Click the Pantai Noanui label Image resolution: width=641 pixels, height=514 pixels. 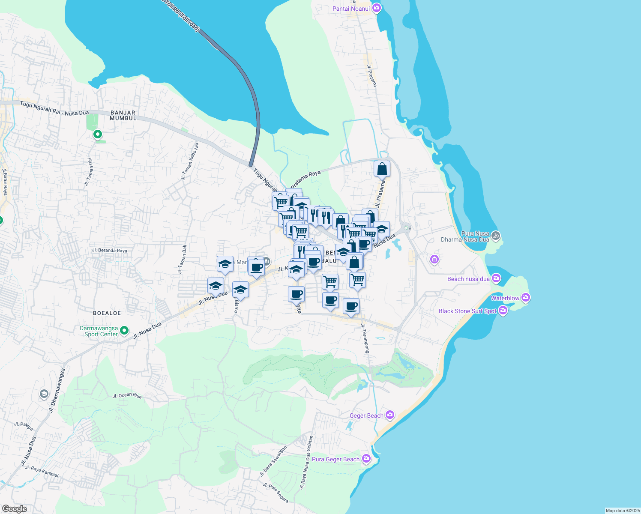[351, 9]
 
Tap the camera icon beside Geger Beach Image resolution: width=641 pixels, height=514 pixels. [389, 415]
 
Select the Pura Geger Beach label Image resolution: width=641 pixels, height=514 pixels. [335, 459]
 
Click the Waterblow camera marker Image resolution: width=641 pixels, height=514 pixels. [526, 297]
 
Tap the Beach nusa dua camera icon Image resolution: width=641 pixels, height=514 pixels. [496, 278]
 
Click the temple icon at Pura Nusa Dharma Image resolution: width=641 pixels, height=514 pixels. [496, 235]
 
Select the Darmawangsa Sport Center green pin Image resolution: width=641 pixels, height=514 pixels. [124, 330]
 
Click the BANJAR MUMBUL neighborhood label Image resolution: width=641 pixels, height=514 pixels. [123, 115]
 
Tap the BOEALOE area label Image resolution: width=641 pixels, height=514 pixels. [107, 313]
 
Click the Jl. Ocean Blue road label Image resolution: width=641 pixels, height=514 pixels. [127, 395]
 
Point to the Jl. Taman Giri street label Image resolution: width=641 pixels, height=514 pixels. [89, 172]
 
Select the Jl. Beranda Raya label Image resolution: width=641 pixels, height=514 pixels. [109, 250]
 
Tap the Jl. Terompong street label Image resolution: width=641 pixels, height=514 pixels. [365, 338]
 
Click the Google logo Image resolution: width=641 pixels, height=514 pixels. [14, 509]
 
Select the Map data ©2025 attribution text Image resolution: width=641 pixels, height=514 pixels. [622, 511]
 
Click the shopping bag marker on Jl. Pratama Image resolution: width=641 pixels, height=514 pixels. [382, 169]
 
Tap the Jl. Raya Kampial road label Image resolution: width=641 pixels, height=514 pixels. [42, 471]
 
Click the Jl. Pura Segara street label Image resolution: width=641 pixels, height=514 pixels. [276, 493]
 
